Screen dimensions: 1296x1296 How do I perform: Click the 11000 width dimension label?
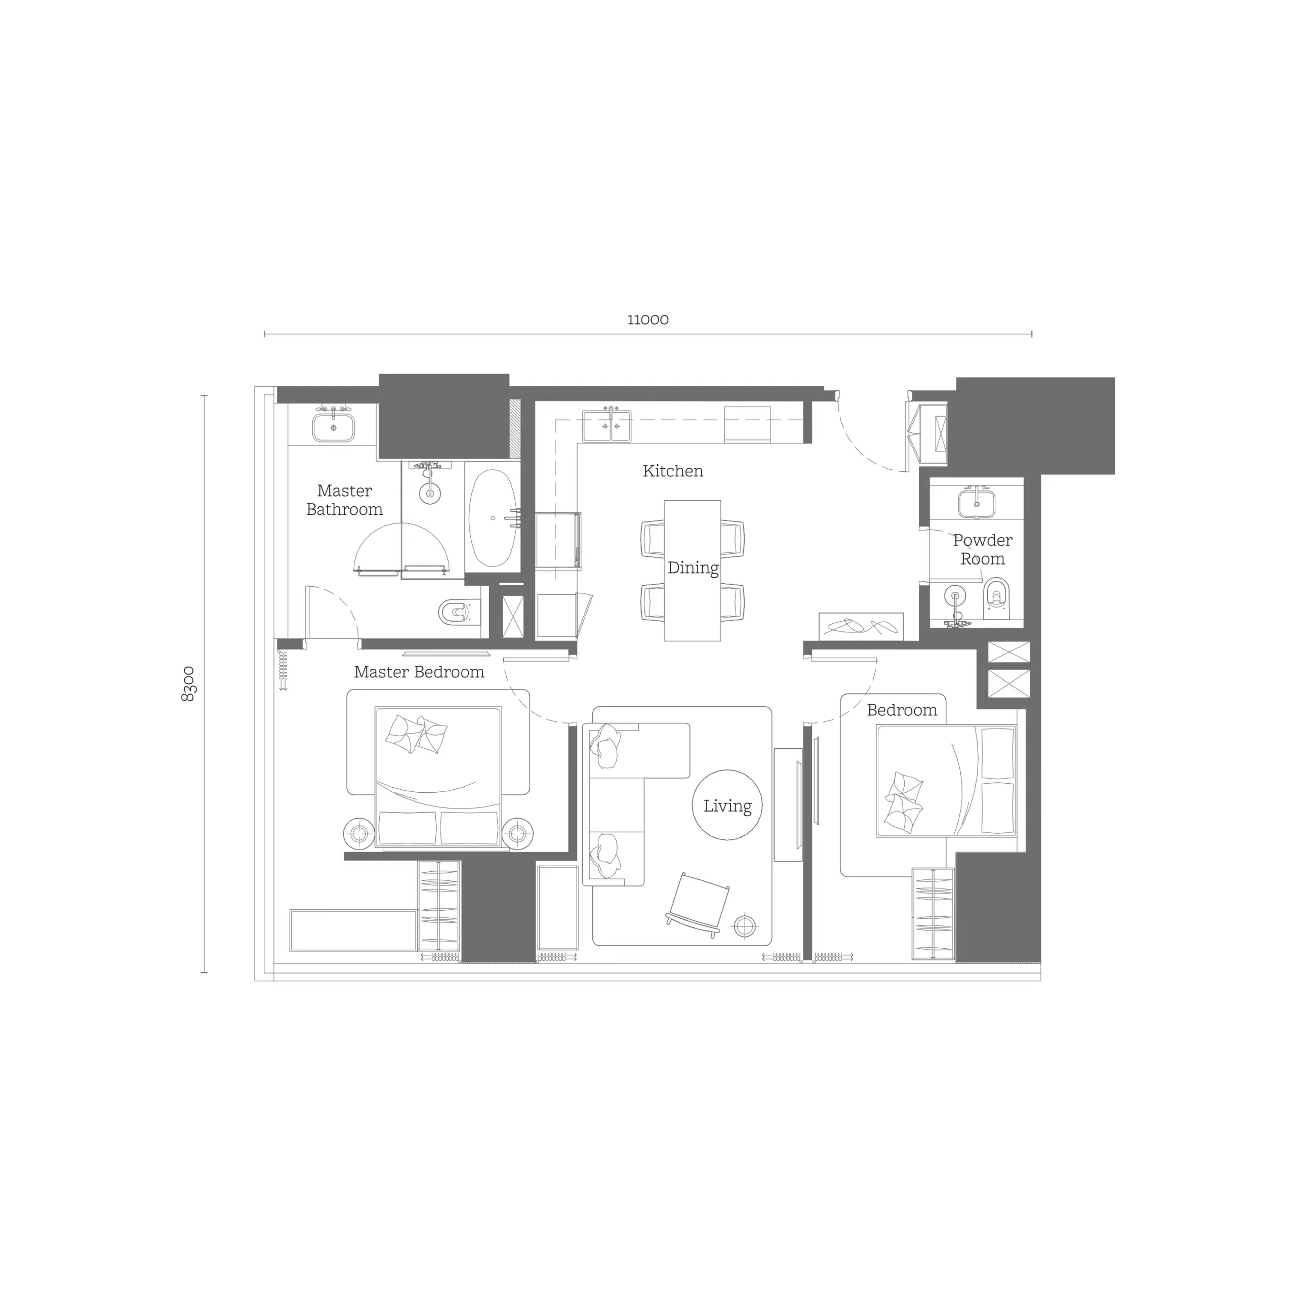pos(647,320)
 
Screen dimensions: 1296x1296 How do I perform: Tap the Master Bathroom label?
pos(344,500)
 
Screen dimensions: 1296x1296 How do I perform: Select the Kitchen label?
pos(672,471)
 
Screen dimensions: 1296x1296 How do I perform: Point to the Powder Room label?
pos(982,549)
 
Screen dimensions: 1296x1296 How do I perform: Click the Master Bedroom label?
pos(419,672)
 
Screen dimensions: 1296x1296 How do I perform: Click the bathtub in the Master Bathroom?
pos(493,518)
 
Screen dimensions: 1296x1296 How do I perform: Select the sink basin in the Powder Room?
pos(976,502)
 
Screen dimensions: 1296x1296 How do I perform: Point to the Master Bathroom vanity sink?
pos(334,427)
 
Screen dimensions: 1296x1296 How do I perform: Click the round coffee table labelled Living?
pos(727,805)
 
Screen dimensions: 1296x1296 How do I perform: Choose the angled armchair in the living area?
pos(698,904)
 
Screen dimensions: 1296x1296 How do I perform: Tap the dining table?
pos(692,570)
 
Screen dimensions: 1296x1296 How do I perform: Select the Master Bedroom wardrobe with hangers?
pos(439,906)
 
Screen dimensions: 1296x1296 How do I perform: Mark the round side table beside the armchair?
pos(745,926)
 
